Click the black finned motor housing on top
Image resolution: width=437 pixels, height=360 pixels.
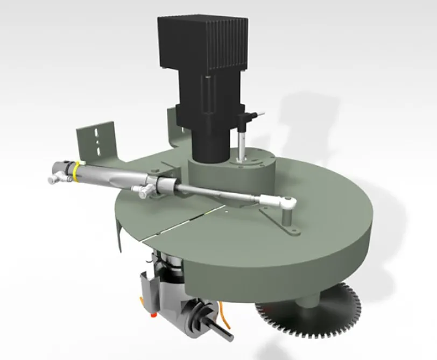point(202,43)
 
